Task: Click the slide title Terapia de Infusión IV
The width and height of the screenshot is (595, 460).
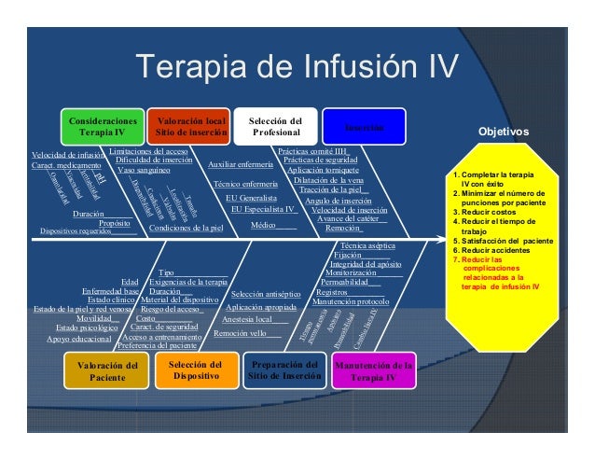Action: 297,66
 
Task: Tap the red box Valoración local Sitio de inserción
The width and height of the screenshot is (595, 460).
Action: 191,127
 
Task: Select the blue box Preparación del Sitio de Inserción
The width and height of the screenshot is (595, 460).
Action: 283,370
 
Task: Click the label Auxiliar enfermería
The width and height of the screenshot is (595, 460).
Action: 241,165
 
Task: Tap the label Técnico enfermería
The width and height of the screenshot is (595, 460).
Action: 245,184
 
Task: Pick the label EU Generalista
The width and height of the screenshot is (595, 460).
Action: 251,199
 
